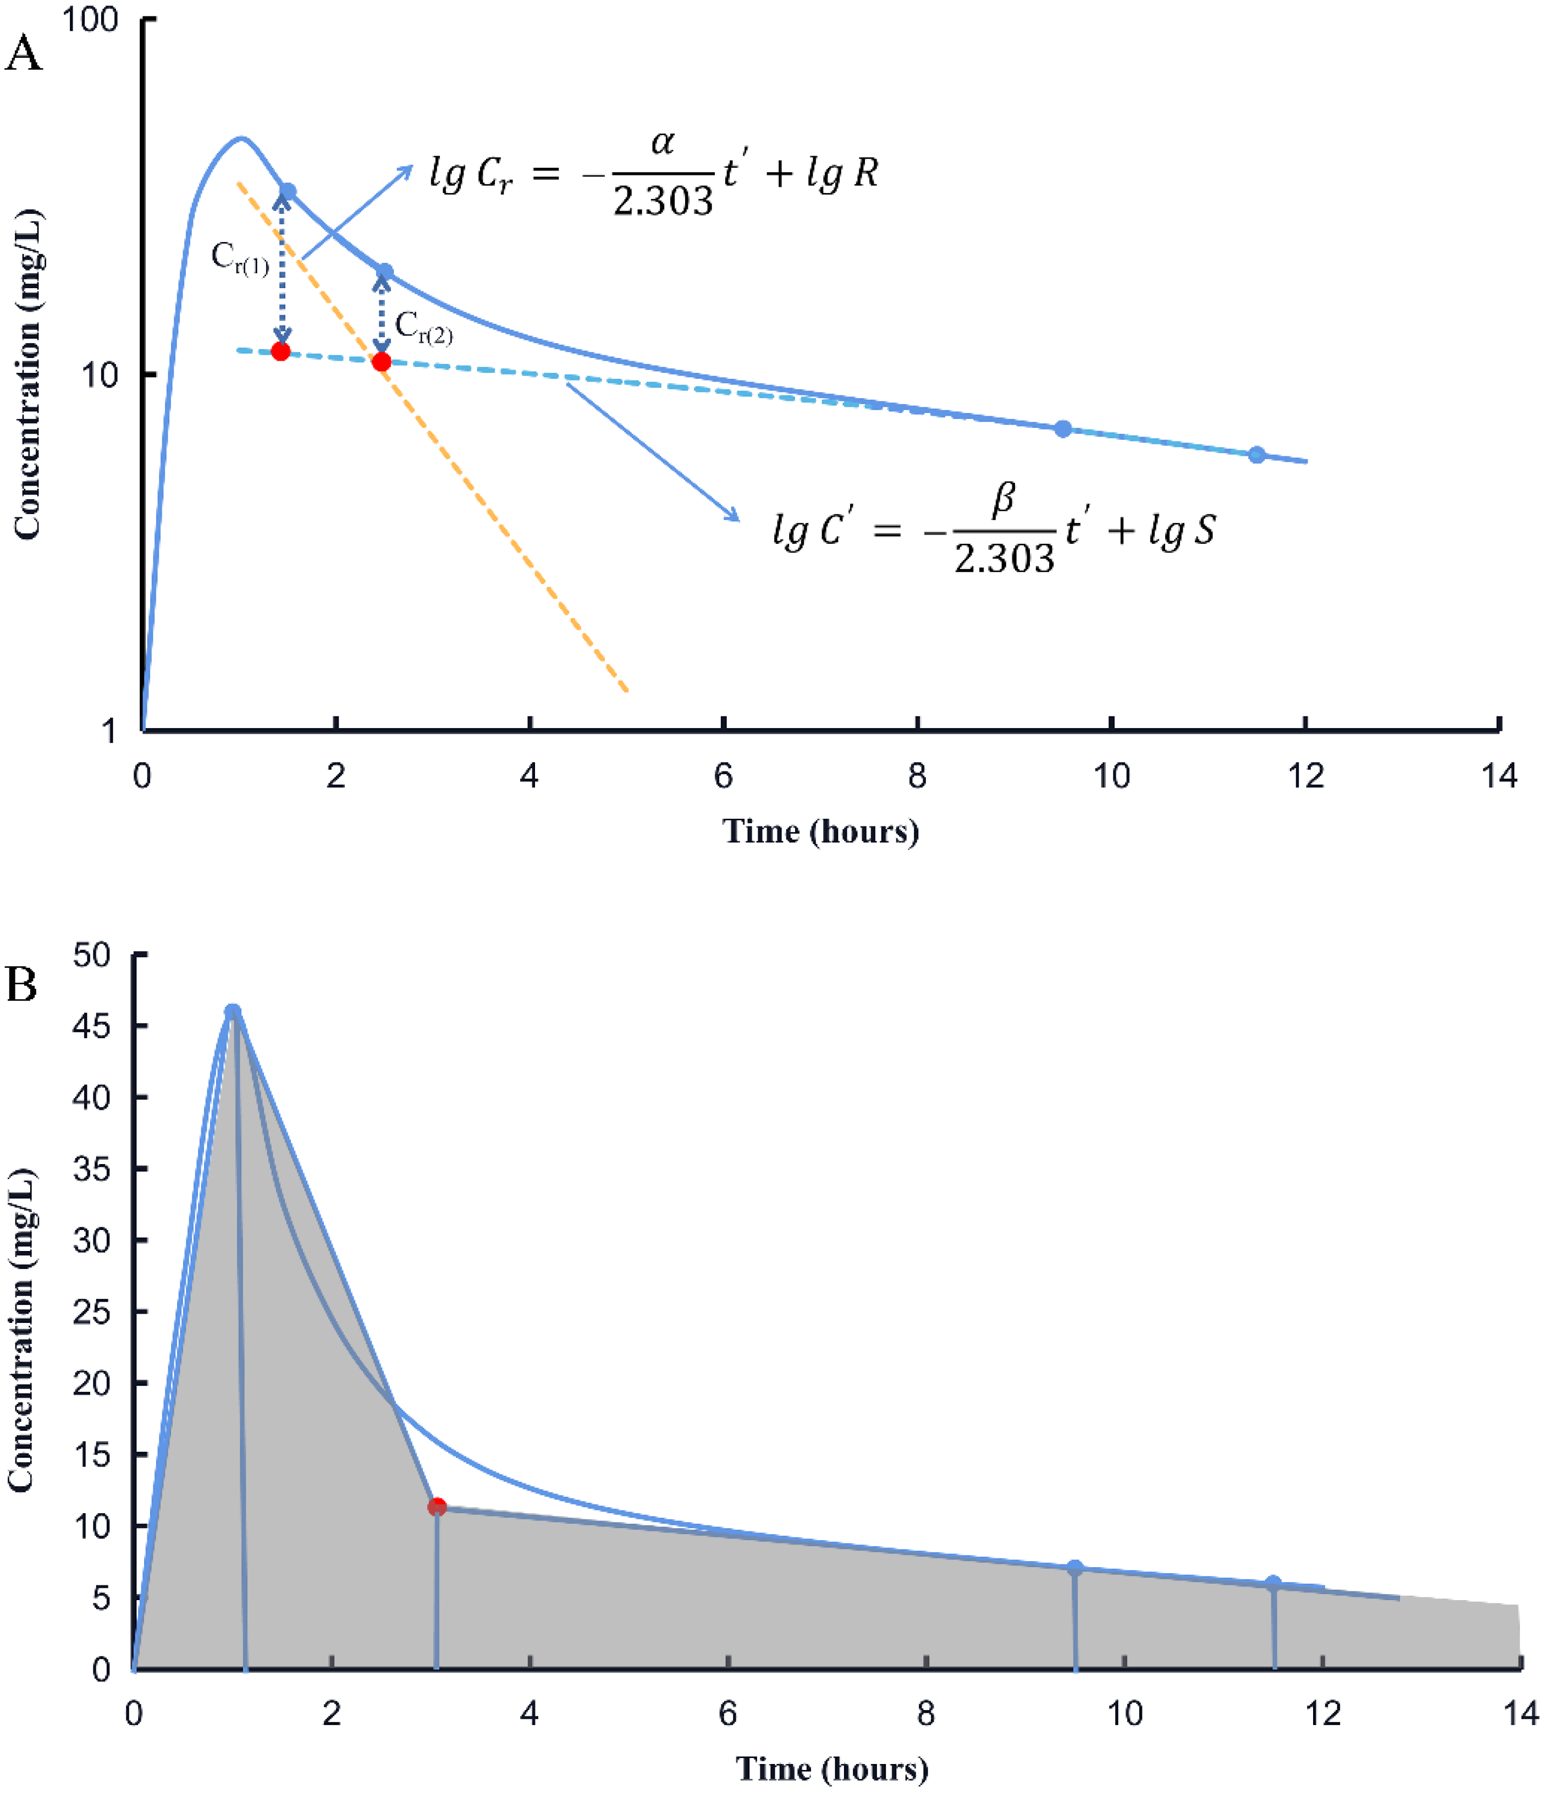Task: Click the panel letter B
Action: pos(21,985)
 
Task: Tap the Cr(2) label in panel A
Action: pos(423,327)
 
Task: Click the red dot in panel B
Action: pos(437,1507)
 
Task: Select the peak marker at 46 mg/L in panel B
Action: pos(233,1012)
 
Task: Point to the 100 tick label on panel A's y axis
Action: pos(90,19)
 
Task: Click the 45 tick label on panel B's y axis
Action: pos(92,1027)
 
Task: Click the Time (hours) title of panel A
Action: pos(820,831)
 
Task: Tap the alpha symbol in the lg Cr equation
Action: pos(663,142)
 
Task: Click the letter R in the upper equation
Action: pos(865,173)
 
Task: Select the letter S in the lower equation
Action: pos(1205,530)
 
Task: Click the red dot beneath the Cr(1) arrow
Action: pos(280,351)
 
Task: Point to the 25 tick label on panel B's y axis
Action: pos(92,1311)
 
